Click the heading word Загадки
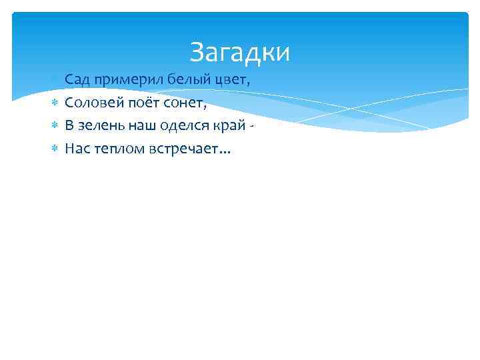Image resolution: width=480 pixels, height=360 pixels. [x=239, y=53]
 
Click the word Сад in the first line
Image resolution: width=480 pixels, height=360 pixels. [x=77, y=80]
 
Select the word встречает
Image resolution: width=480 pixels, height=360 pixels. [x=182, y=149]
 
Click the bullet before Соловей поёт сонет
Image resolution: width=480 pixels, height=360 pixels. [x=55, y=103]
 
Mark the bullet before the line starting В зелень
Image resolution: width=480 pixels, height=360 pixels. [x=55, y=125]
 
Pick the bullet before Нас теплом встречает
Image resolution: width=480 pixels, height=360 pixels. [x=55, y=148]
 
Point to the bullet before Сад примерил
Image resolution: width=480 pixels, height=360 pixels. [x=55, y=80]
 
